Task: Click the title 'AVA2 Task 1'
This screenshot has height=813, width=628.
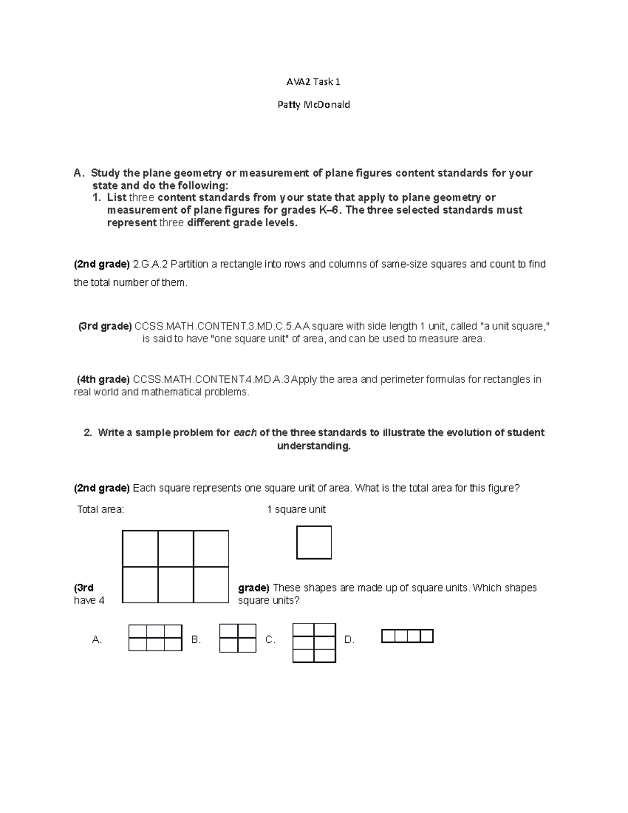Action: click(x=313, y=82)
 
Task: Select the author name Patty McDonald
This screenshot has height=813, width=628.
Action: click(x=313, y=105)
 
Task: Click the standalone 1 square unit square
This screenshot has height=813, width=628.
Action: click(x=314, y=542)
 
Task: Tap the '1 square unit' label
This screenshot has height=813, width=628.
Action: click(x=296, y=509)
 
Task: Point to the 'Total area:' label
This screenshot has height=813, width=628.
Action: click(x=100, y=509)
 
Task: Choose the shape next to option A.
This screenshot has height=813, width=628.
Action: click(x=155, y=638)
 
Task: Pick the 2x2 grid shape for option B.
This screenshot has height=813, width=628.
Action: click(x=238, y=638)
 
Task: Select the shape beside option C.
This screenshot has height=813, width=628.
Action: click(x=314, y=643)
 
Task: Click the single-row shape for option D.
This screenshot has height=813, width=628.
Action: click(x=407, y=636)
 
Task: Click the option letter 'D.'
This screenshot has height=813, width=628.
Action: click(x=350, y=640)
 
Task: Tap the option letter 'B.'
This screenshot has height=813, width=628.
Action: click(x=196, y=640)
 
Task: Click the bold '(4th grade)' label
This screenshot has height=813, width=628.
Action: click(x=103, y=380)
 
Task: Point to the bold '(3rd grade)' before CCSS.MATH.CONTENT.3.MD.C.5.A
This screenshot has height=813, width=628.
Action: click(x=105, y=327)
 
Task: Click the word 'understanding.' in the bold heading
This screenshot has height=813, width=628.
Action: click(x=313, y=446)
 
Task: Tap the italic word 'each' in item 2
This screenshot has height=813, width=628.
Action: click(x=245, y=433)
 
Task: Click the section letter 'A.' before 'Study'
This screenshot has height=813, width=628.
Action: click(x=78, y=173)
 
